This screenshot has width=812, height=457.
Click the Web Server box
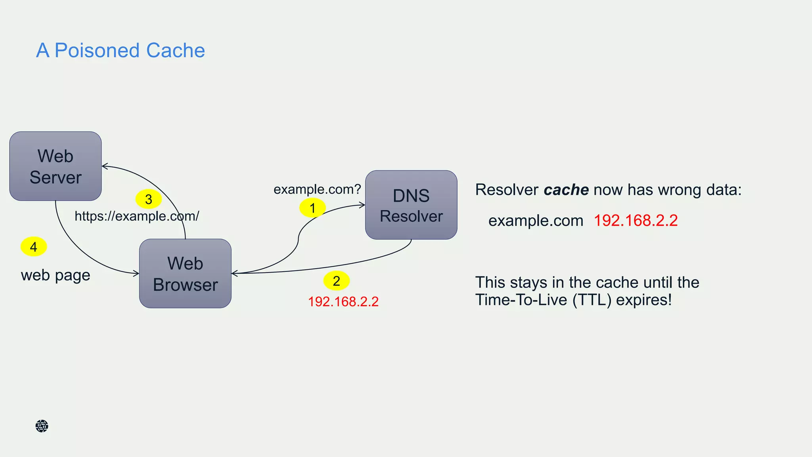coord(56,166)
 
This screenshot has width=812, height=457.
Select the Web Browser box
coord(185,273)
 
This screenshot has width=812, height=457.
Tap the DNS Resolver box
coord(411,205)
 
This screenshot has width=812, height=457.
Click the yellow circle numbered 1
coord(312,208)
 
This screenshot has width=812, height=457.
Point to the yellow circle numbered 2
coord(336,281)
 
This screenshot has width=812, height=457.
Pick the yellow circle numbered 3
coord(149,199)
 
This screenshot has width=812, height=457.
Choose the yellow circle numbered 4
coord(34,247)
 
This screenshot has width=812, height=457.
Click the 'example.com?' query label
coord(317,189)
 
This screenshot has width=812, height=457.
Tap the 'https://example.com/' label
coord(137,216)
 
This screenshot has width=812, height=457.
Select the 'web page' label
coord(56,275)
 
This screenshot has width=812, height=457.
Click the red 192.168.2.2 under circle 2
coord(343,301)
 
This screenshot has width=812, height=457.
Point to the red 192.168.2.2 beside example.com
coord(636,221)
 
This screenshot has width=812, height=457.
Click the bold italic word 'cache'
coord(566,190)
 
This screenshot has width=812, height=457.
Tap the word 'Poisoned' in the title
coord(97,50)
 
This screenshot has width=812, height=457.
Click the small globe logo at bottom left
coord(42,426)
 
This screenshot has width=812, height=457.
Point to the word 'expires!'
coord(644,300)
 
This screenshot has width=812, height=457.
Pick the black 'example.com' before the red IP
coord(536,221)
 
